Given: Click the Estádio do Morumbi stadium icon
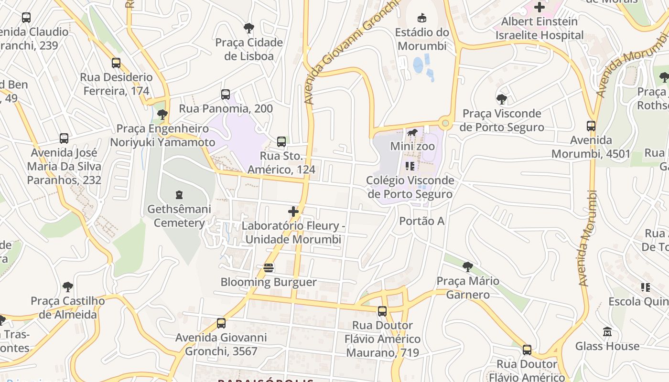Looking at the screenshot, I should (x=421, y=18).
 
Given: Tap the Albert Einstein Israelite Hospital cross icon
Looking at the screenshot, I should (x=540, y=7).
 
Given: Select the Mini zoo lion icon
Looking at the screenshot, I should (x=412, y=132).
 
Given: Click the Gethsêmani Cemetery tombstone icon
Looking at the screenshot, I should (x=179, y=194).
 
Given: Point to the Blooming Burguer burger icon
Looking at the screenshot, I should (x=269, y=268).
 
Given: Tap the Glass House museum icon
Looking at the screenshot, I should (x=607, y=331).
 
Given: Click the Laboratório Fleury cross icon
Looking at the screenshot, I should (x=293, y=211).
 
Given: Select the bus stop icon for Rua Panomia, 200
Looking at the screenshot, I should (x=226, y=95).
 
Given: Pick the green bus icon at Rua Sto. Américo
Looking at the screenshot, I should (x=281, y=141).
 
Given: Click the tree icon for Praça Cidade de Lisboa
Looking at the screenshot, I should (x=248, y=28).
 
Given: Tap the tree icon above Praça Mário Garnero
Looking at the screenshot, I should (x=468, y=266).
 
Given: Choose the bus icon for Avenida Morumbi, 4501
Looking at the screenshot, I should (x=591, y=126).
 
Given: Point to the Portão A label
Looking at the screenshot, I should (x=422, y=221).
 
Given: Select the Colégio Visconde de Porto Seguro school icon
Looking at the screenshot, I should (x=410, y=166).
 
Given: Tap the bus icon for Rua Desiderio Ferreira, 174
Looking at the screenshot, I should (x=116, y=63).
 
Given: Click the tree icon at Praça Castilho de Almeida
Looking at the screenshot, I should (x=68, y=287).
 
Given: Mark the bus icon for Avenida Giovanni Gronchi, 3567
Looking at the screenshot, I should (x=221, y=323).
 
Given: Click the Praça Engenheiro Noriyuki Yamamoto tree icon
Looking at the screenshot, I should (x=162, y=115).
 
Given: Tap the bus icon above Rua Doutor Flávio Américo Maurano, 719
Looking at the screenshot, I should (x=382, y=311).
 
